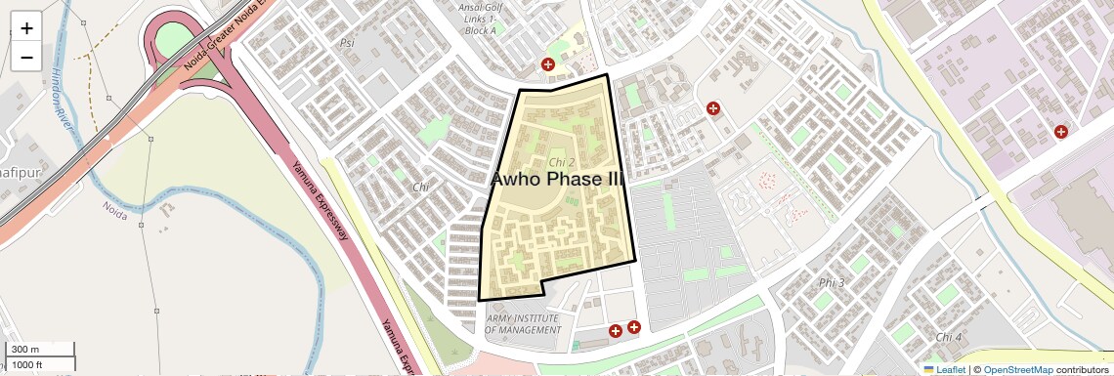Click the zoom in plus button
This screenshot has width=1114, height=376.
tap(26, 27)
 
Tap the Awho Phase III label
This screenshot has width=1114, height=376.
tap(556, 180)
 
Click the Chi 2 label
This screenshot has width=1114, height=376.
tap(561, 162)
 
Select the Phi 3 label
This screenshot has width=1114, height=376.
tap(832, 283)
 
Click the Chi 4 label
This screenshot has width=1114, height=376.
tap(949, 337)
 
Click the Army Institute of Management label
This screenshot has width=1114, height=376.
tap(523, 324)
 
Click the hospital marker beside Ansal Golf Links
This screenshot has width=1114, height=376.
tap(548, 64)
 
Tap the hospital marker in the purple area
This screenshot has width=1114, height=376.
tap(1060, 132)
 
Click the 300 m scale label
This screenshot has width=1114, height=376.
tap(26, 350)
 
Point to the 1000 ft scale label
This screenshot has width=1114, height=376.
tap(27, 364)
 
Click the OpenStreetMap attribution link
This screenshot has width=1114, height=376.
tap(1017, 369)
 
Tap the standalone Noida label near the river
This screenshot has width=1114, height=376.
tap(115, 206)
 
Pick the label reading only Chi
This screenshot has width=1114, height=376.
tap(421, 187)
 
